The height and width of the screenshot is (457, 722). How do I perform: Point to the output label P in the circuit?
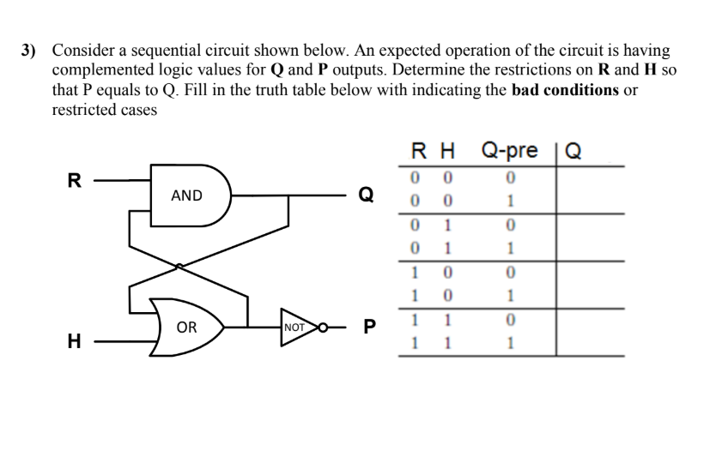pos(369,327)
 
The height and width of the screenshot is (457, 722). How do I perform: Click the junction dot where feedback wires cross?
pos(179,267)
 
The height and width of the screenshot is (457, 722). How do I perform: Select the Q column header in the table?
pos(573,152)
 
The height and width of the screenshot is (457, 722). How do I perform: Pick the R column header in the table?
pos(416,152)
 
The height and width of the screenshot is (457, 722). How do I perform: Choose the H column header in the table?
pos(446,152)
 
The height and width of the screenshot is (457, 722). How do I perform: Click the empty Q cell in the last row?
pos(590,344)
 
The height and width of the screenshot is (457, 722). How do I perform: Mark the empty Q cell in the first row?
pos(590,178)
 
